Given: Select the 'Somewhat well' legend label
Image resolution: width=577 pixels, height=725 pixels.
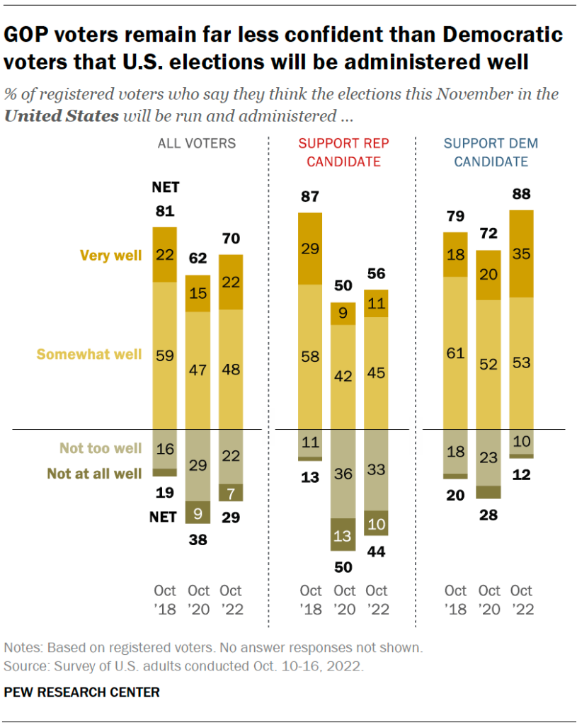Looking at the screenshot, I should [x=89, y=354].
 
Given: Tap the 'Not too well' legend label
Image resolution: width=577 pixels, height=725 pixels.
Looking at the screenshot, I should [x=101, y=449].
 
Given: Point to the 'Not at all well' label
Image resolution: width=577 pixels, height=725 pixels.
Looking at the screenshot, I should [x=94, y=474].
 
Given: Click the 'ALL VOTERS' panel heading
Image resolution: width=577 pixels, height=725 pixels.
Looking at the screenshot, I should [x=196, y=144].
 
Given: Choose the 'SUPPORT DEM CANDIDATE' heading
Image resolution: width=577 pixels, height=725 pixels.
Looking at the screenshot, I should [x=491, y=152].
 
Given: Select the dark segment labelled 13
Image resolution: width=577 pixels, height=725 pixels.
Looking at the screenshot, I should [x=344, y=536].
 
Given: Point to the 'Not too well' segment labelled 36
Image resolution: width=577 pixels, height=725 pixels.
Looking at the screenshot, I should [x=344, y=474].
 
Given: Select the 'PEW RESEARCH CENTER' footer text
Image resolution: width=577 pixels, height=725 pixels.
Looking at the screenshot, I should [x=82, y=692].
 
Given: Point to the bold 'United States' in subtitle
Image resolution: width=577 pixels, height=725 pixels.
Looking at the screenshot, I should [x=61, y=116].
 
